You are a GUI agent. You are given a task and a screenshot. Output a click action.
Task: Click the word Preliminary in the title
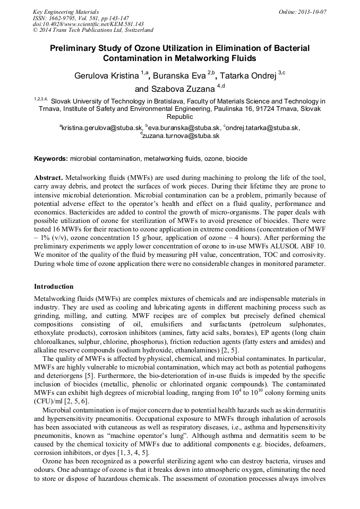coord(75,48)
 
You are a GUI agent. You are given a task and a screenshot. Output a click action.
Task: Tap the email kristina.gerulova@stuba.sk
coord(101,128)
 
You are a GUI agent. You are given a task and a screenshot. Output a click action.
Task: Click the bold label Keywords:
coord(51,159)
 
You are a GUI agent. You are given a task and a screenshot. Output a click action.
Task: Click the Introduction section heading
coord(54,287)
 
